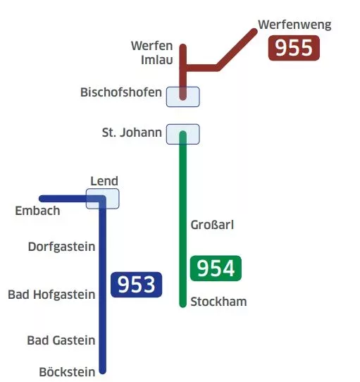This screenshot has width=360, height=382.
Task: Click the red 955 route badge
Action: click(294, 48)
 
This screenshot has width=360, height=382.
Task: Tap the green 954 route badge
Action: click(216, 269)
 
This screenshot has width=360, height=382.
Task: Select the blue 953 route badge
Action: click(137, 285)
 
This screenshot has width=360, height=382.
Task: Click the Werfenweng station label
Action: click(294, 25)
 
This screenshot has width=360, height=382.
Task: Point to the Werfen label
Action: click(152, 46)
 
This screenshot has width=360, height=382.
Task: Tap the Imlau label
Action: click(157, 60)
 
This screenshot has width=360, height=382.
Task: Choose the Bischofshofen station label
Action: click(121, 92)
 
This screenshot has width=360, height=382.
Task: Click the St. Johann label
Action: click(132, 133)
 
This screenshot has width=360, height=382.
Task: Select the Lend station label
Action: click(104, 181)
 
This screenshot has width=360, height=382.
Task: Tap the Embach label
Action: click(37, 211)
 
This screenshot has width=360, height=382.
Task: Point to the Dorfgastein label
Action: click(61, 247)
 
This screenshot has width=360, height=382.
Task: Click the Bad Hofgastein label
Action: click(51, 295)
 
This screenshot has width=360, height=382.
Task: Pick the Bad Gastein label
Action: click(61, 340)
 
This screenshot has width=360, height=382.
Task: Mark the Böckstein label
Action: click(67, 372)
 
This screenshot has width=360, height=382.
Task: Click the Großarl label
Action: click(212, 225)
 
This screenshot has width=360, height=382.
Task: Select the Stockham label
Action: click(218, 302)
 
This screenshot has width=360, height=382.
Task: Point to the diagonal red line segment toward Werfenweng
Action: click(236, 50)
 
